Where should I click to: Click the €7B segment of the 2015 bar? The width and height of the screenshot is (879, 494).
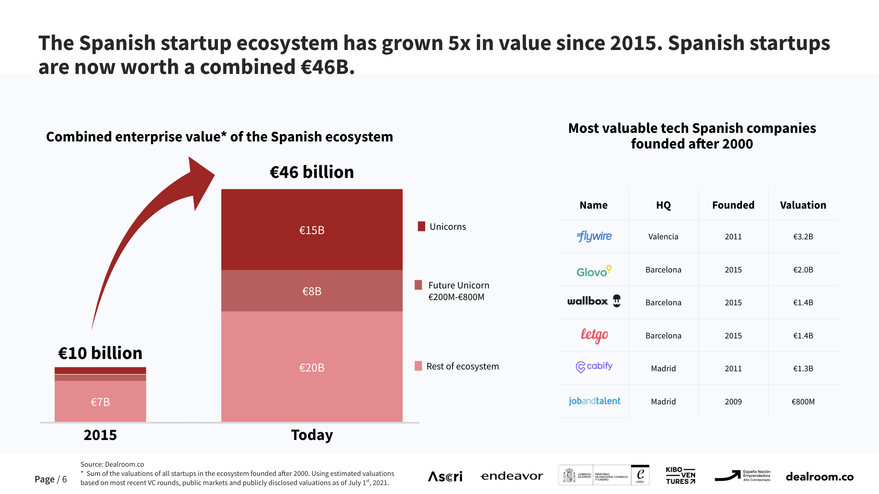pos(100,401)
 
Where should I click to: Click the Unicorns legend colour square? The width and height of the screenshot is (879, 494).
pos(421,226)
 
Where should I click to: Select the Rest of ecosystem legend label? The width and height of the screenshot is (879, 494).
pos(462,366)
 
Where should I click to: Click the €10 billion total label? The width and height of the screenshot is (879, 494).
pos(100,353)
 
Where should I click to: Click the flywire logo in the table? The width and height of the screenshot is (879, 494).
pos(594,236)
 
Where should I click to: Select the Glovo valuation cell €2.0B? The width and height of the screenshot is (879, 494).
pos(803,269)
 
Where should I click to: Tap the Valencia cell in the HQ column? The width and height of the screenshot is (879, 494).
pos(663,236)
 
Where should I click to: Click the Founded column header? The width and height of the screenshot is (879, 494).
pos(733,205)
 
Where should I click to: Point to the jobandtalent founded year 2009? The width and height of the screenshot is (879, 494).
pos(733,401)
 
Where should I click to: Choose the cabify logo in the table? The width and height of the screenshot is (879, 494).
pos(594,367)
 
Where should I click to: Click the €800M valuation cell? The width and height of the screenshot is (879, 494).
pos(803,401)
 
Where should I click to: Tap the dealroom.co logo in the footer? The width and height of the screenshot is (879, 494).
pos(819,477)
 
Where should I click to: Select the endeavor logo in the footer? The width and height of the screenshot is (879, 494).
pos(512,476)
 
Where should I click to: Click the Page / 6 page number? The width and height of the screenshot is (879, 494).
pos(51,479)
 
